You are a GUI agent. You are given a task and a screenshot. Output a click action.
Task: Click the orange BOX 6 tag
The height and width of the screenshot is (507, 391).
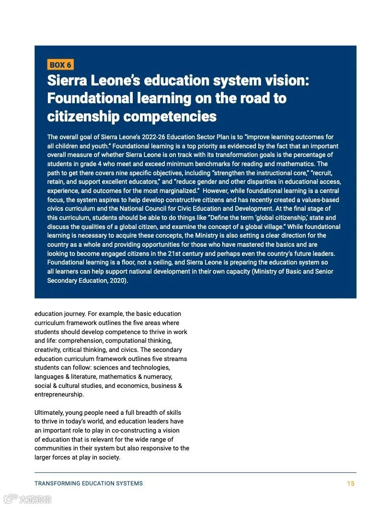[60, 65]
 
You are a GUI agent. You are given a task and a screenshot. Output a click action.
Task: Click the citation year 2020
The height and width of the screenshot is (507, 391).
[117, 280]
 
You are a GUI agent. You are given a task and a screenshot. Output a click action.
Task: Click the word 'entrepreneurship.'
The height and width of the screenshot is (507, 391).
[59, 395]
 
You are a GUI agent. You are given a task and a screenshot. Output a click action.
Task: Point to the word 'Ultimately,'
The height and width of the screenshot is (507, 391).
[49, 412]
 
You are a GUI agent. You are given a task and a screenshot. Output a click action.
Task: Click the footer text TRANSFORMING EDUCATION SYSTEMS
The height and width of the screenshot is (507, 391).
[89, 483]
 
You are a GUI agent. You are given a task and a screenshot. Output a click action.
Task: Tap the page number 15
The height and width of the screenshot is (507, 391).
[351, 483]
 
